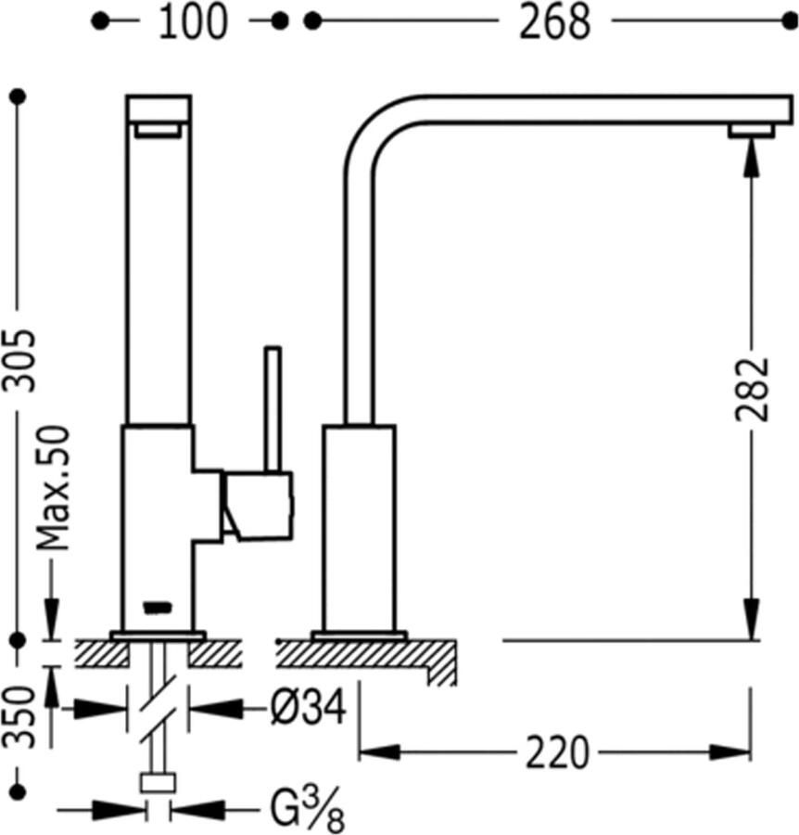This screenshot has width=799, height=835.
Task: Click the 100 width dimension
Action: coord(192,22)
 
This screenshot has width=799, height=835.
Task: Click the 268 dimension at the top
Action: coord(553,22)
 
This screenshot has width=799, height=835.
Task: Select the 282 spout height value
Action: coord(752,389)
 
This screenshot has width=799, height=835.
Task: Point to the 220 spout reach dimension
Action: coord(557,752)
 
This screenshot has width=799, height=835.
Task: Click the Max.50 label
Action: coord(55,487)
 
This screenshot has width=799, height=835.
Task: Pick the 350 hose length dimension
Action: coord(19,718)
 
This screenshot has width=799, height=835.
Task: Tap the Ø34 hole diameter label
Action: coord(308,710)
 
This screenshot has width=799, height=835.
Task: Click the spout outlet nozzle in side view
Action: coord(751,131)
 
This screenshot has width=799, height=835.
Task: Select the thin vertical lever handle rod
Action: coord(272,409)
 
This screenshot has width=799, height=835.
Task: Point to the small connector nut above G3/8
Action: coord(158,782)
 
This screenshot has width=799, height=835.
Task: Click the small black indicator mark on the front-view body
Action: coord(157,608)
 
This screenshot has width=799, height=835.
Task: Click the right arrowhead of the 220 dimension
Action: coord(737,752)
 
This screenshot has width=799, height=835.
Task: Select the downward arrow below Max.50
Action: coord(51,620)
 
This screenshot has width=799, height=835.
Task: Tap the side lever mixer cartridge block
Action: coord(258,505)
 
